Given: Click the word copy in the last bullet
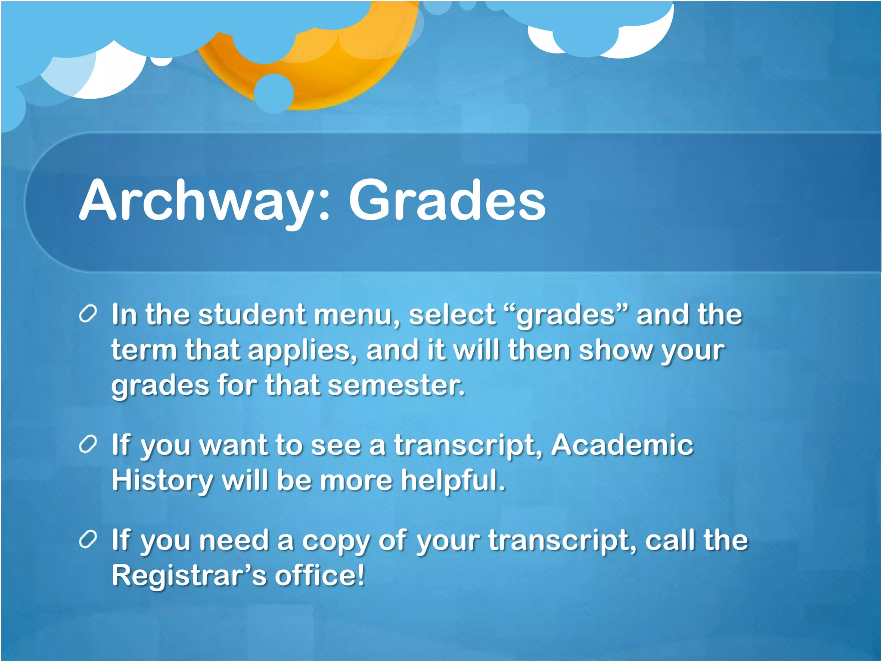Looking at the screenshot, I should tap(336, 541).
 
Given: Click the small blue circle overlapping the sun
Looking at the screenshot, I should tap(274, 93).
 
